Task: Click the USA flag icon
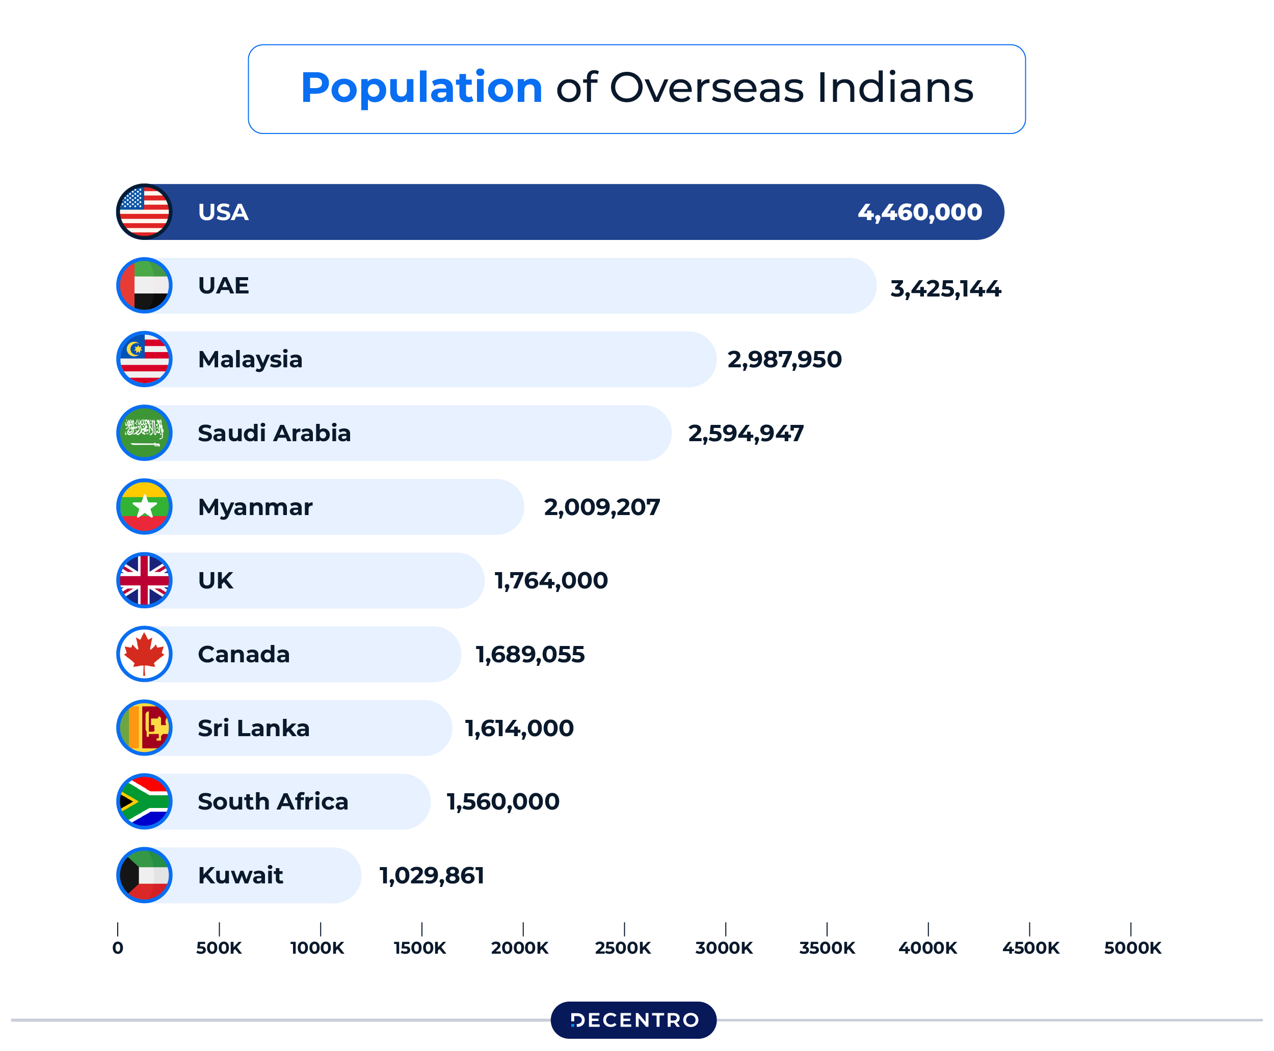[x=144, y=212]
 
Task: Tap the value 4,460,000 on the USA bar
[x=919, y=212]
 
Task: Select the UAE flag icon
[x=144, y=286]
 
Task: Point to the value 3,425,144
[x=945, y=289]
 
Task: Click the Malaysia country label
[x=250, y=360]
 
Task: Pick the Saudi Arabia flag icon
[x=144, y=433]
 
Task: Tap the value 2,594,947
[x=746, y=434]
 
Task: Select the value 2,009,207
[x=601, y=507]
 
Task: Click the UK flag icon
[x=144, y=581]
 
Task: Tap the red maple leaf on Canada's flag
[x=144, y=653]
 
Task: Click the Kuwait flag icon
[x=144, y=875]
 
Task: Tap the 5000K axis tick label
[x=1132, y=948]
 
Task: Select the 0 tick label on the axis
[x=118, y=948]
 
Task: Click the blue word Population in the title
[x=421, y=88]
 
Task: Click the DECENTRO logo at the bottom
[x=633, y=1020]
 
